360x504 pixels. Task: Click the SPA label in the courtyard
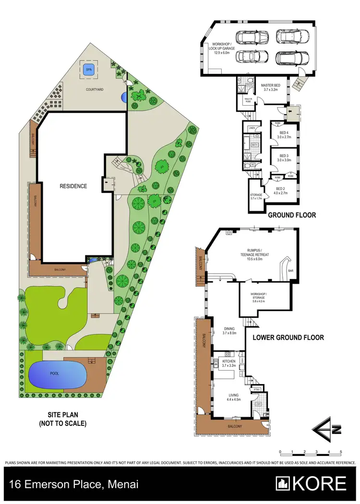89,70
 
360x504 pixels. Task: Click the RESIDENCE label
73,186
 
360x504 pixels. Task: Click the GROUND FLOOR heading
292,216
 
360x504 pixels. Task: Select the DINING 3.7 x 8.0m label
230,331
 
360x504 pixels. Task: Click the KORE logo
311,483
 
